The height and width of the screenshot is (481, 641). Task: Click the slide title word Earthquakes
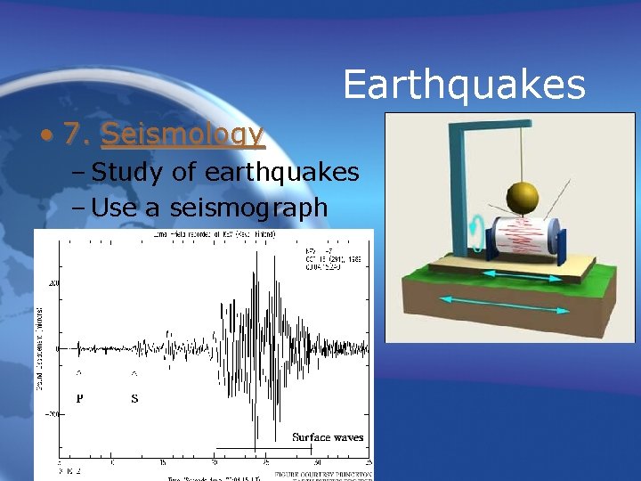tap(464, 86)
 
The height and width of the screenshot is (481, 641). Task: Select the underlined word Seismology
tap(183, 134)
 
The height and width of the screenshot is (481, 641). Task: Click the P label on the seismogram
tap(80, 398)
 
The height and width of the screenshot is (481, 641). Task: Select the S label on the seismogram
tap(134, 398)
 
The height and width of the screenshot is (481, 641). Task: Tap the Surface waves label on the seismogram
tap(328, 436)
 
